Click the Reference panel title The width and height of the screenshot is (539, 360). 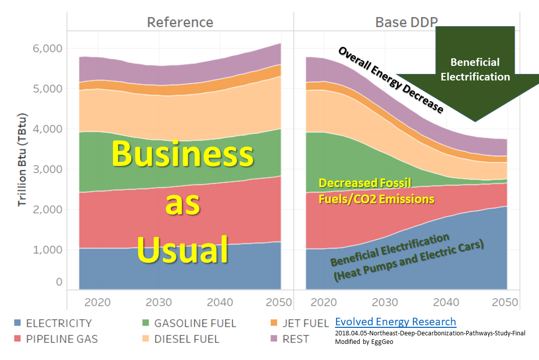point(180,22)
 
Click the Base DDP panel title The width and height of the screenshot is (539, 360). point(406,22)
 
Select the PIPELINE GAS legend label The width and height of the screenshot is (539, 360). point(62,339)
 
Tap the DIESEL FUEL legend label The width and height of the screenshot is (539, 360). point(186,339)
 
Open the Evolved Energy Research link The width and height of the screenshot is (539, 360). point(395,322)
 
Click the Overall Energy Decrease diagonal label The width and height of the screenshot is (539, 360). point(390,80)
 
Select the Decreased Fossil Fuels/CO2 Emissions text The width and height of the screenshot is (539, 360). point(376,191)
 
